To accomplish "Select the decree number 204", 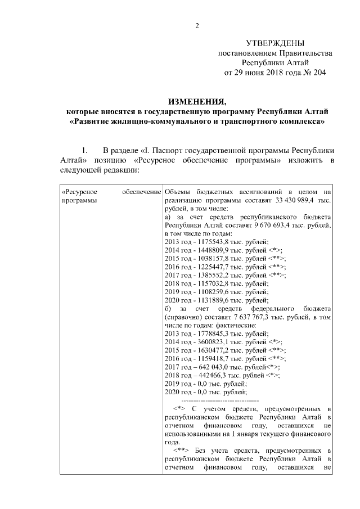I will click(x=318, y=73).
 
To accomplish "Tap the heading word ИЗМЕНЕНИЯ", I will click(x=197, y=101).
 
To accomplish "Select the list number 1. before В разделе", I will click(x=85, y=150).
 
